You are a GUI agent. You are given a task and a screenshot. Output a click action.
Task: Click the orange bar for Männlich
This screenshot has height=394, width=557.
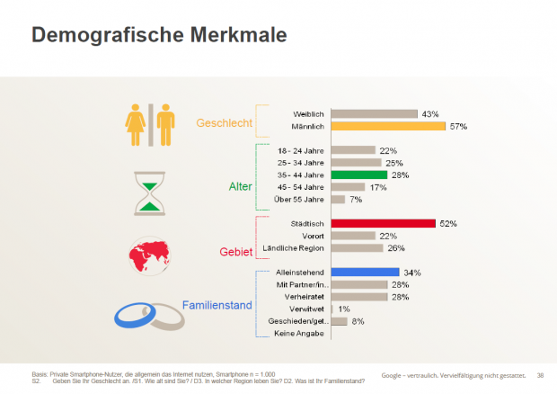click(x=388, y=126)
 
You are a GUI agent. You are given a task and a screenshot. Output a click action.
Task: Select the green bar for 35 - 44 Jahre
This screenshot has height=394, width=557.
click(x=358, y=175)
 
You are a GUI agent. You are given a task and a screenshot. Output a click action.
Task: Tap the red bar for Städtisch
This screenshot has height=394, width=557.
click(x=383, y=223)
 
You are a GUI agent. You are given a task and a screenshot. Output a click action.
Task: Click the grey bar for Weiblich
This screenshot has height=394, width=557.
click(x=374, y=114)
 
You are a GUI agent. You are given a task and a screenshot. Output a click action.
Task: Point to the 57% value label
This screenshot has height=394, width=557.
click(x=459, y=126)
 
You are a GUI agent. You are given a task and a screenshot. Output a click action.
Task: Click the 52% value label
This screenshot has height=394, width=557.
click(x=448, y=223)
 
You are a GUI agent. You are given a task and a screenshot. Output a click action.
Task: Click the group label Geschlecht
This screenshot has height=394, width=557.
click(x=225, y=121)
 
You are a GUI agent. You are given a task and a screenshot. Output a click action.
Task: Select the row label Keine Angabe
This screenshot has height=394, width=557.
click(x=301, y=333)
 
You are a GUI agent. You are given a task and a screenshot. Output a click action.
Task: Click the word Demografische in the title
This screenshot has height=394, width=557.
click(x=99, y=35)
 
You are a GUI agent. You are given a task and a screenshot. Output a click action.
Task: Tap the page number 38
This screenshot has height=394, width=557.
click(x=540, y=374)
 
